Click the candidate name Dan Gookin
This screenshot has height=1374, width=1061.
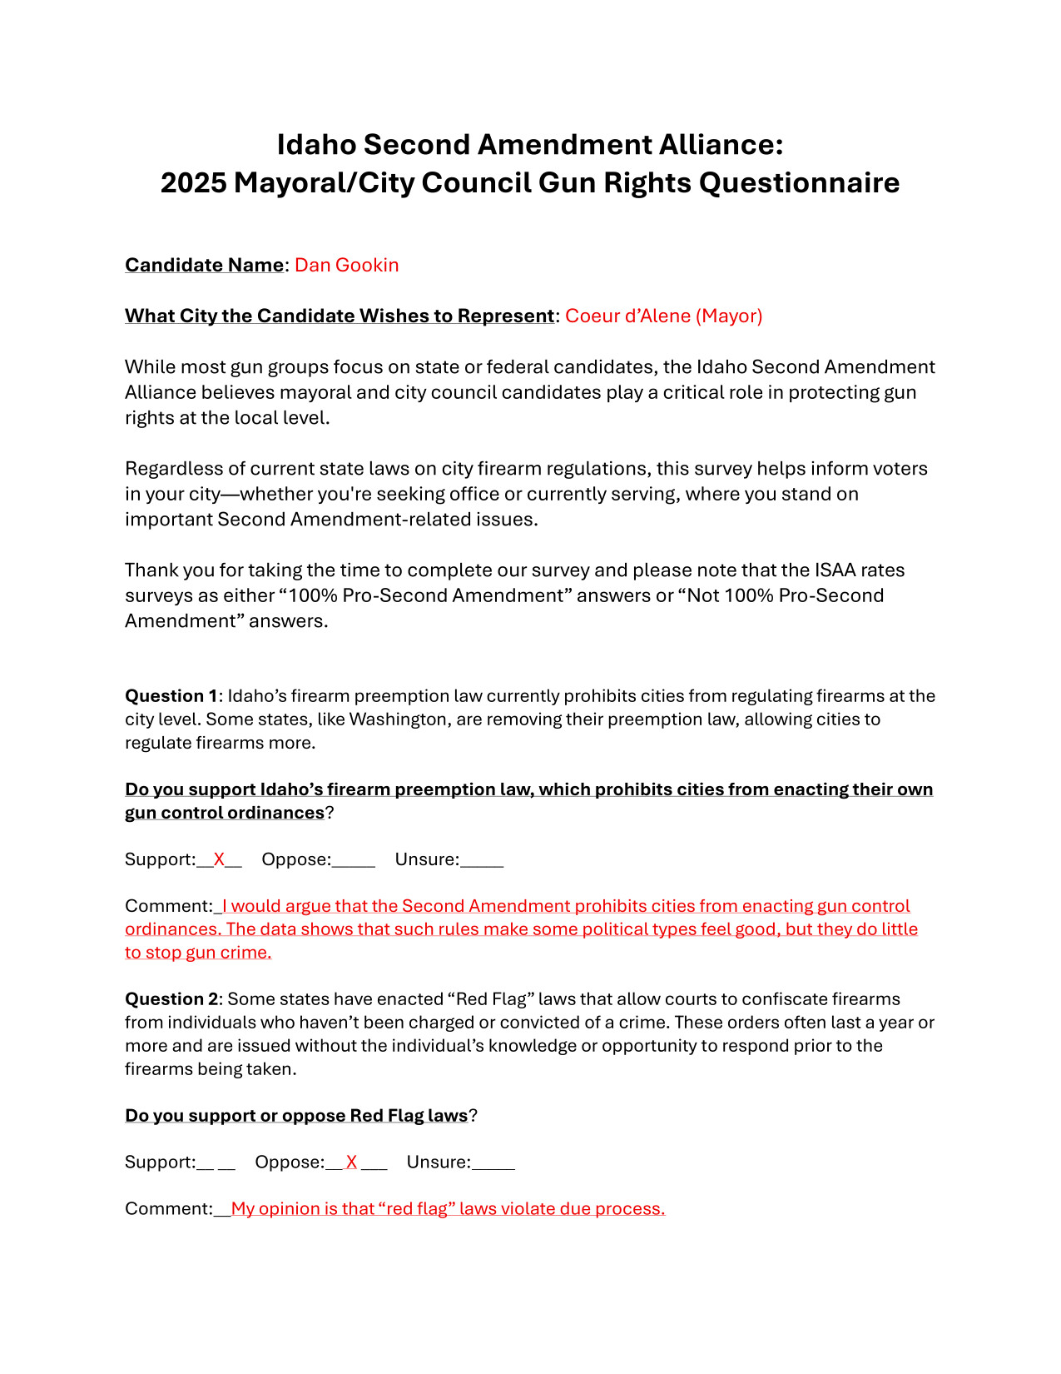346,265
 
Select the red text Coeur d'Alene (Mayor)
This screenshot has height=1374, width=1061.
663,316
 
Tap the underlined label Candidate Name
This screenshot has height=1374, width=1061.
204,265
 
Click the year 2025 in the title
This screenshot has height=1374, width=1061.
193,183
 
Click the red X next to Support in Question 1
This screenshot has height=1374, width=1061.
219,859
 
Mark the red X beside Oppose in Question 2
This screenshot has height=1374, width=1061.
352,1162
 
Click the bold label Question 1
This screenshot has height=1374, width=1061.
171,696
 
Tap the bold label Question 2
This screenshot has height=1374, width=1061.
171,999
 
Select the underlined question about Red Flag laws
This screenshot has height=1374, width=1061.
296,1116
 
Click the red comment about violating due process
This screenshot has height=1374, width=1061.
448,1209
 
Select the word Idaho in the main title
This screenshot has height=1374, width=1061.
317,145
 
